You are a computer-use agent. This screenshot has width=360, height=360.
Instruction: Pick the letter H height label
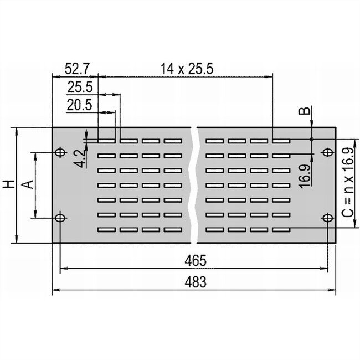coord(8,185)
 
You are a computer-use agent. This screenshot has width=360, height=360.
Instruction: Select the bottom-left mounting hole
coord(60,218)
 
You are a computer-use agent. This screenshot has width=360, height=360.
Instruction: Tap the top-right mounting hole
coord(327,152)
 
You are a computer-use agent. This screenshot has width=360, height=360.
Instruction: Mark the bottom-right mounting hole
coord(327,217)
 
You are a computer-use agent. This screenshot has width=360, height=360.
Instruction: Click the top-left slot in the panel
coord(107,141)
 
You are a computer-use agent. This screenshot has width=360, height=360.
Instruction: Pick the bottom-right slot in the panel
coord(281,229)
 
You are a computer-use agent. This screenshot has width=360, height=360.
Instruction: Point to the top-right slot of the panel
coord(281,141)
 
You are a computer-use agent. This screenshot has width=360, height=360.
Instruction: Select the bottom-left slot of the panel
coord(107,229)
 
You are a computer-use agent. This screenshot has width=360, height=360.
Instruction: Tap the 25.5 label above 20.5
coord(80,87)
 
